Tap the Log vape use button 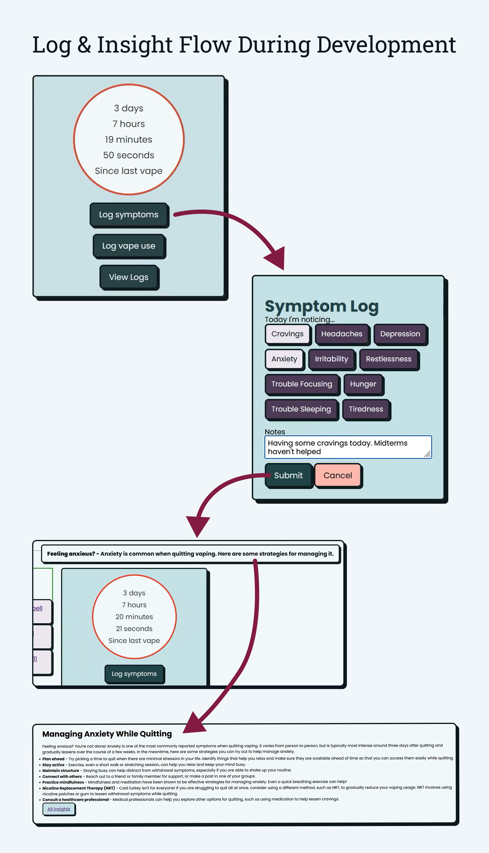click(129, 246)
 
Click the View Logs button click(129, 277)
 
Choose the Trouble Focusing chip click(301, 384)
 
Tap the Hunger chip click(363, 384)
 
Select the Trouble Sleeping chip click(301, 409)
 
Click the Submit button click(288, 475)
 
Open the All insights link click(59, 809)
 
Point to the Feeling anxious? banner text click(190, 554)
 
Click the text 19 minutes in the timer click(129, 139)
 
